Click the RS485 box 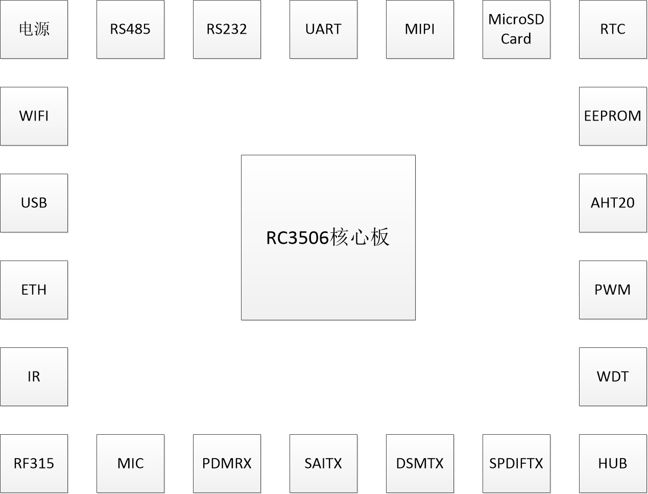[x=130, y=29]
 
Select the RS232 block [x=227, y=29]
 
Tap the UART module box [x=323, y=29]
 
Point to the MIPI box [x=420, y=29]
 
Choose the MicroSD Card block [x=516, y=29]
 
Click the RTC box [x=613, y=29]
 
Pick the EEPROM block [x=613, y=116]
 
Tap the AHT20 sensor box [x=613, y=203]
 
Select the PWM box [x=613, y=290]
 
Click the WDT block [x=613, y=377]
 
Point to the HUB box [x=613, y=463]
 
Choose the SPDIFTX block [x=516, y=463]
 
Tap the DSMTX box [x=420, y=463]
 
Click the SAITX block [x=323, y=463]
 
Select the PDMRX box [x=227, y=463]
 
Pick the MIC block [x=130, y=463]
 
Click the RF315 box [x=34, y=463]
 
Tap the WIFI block [x=34, y=116]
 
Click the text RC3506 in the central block [x=298, y=238]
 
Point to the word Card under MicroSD [x=516, y=39]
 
